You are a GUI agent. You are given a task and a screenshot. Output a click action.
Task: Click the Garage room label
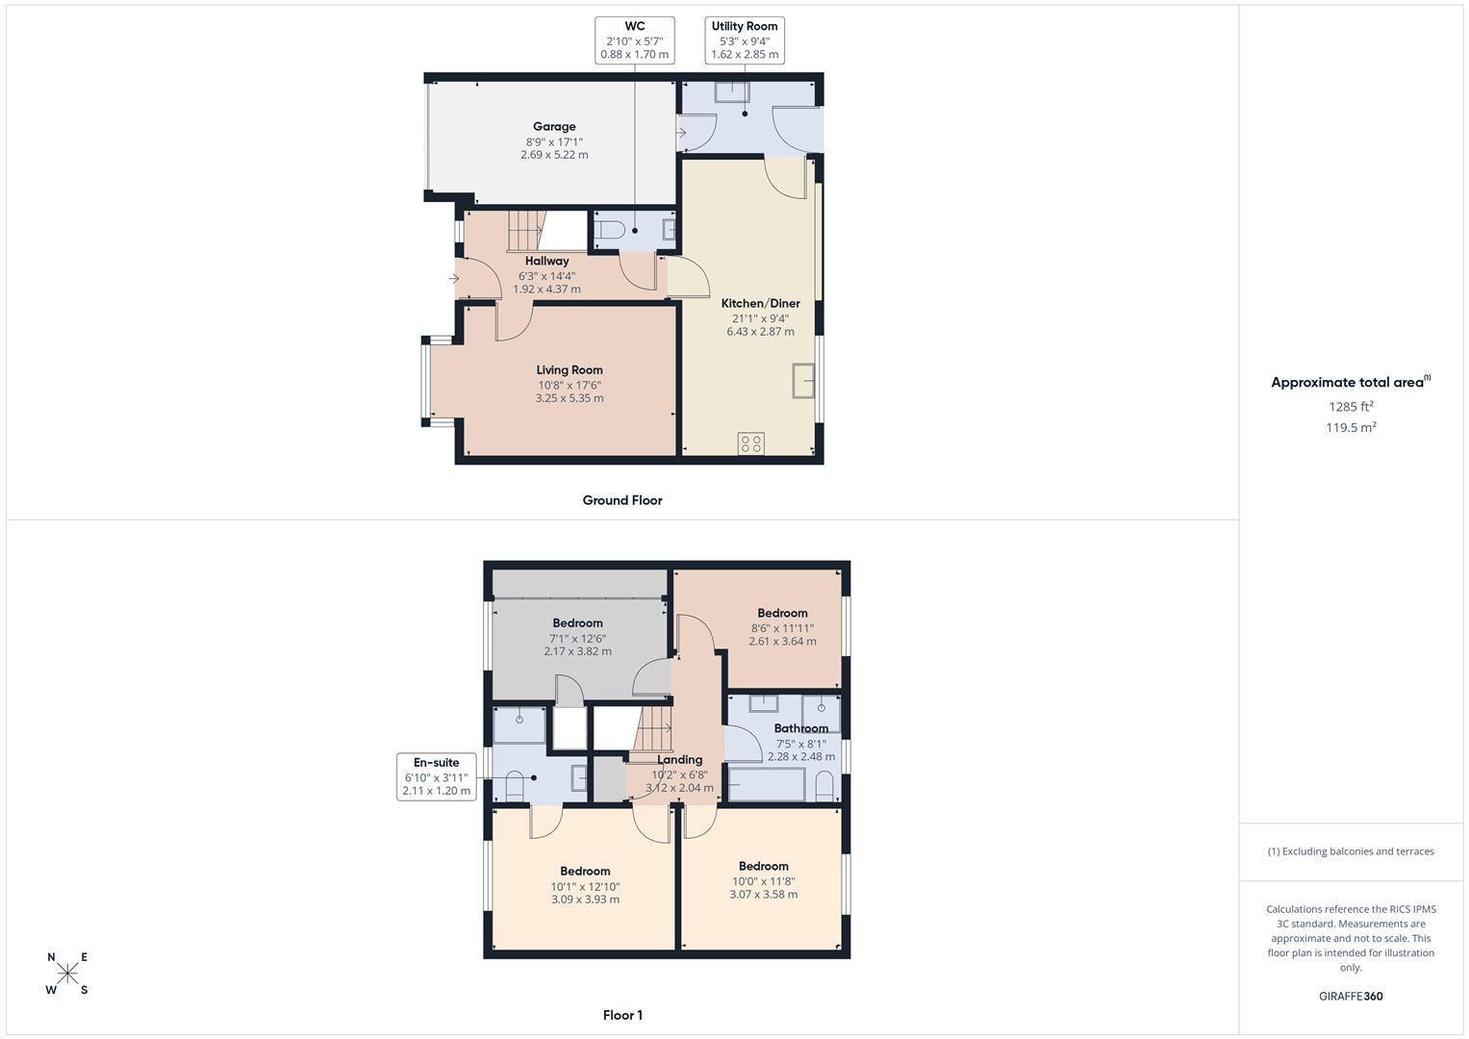[x=554, y=126]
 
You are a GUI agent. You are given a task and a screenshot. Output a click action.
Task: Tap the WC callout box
[x=634, y=40]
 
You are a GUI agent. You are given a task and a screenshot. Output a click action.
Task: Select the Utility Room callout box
[x=745, y=40]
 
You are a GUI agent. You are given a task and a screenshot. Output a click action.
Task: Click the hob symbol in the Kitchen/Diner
[x=751, y=443]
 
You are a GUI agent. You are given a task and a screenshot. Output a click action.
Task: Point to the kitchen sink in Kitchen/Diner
[x=803, y=381]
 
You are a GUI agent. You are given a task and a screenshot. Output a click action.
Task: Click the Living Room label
[x=570, y=369]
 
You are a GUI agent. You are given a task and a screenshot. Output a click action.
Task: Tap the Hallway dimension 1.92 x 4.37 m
[x=546, y=289]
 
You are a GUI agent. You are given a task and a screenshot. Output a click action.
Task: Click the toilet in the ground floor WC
[x=608, y=230]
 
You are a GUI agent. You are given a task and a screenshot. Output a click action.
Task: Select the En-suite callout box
[x=436, y=776]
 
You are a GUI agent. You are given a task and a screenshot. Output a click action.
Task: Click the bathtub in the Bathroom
[x=767, y=784]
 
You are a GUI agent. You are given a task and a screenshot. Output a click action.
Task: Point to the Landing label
[x=679, y=759]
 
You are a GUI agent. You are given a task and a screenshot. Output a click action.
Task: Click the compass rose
[x=67, y=974]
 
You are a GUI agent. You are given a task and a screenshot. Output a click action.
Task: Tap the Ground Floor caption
[x=622, y=500]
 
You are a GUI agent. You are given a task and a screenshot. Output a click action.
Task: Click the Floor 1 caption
[x=622, y=1015]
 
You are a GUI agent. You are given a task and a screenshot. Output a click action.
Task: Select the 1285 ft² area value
[x=1351, y=406]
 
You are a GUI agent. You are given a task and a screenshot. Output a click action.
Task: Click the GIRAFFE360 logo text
[x=1351, y=997]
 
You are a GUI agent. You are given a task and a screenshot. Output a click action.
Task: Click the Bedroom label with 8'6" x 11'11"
[x=782, y=613]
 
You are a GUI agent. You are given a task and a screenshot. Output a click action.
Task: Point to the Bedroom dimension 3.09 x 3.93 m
[x=585, y=900]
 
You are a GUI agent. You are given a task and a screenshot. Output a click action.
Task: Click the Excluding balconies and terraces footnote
[x=1351, y=851]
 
